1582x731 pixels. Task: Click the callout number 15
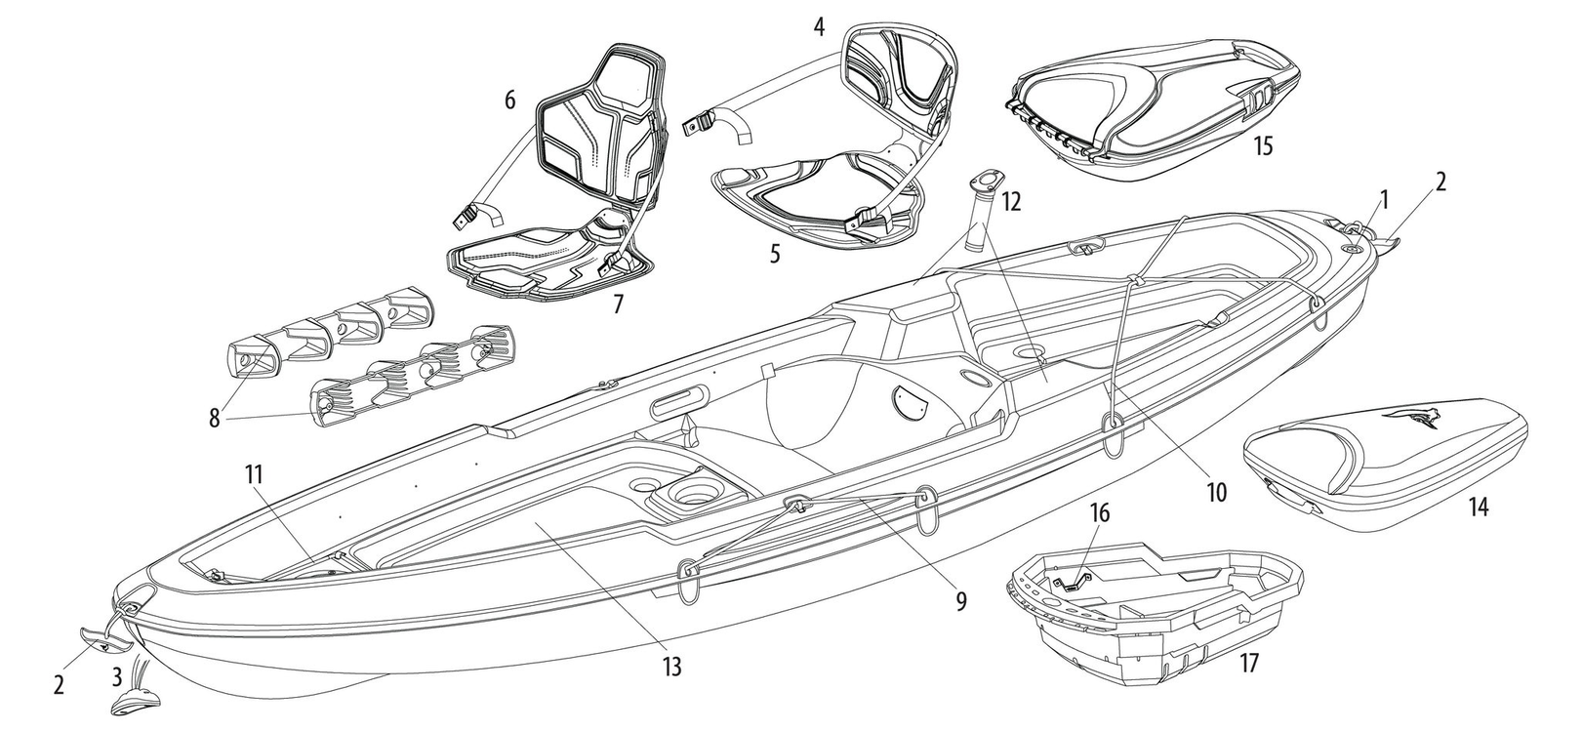click(x=1264, y=145)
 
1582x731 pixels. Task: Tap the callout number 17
click(x=1248, y=664)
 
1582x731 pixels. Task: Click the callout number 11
click(x=255, y=475)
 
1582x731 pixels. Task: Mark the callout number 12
click(x=1010, y=202)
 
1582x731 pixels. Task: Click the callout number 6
click(x=508, y=100)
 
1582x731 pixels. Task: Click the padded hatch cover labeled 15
click(x=1152, y=107)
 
